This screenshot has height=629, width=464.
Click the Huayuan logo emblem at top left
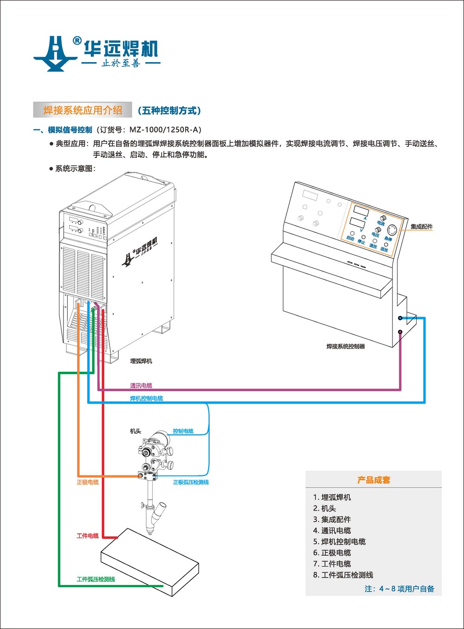click(x=55, y=53)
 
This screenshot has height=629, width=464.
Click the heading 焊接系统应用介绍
click(x=83, y=110)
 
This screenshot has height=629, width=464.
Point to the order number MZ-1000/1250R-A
click(x=165, y=130)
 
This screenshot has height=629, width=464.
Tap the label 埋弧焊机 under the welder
click(x=141, y=361)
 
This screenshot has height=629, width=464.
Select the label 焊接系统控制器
click(x=346, y=346)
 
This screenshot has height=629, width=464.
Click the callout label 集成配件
click(x=421, y=227)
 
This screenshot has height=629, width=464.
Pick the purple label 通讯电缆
click(x=141, y=386)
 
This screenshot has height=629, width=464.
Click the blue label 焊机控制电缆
click(x=146, y=399)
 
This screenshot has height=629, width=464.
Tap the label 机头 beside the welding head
click(x=135, y=431)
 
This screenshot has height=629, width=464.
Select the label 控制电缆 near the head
click(x=183, y=431)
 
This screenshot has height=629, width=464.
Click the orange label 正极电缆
click(x=88, y=483)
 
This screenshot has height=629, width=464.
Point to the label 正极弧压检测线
click(x=191, y=483)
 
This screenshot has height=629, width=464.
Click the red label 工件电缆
click(x=88, y=536)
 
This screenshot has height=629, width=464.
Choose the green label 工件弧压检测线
click(x=96, y=579)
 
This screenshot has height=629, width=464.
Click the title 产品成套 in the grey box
click(x=374, y=480)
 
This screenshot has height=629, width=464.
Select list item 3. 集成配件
click(x=332, y=520)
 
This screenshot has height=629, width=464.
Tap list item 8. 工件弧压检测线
click(x=343, y=575)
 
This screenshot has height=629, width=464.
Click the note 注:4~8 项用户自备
click(x=400, y=589)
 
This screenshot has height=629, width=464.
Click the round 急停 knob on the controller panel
click(x=392, y=230)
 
